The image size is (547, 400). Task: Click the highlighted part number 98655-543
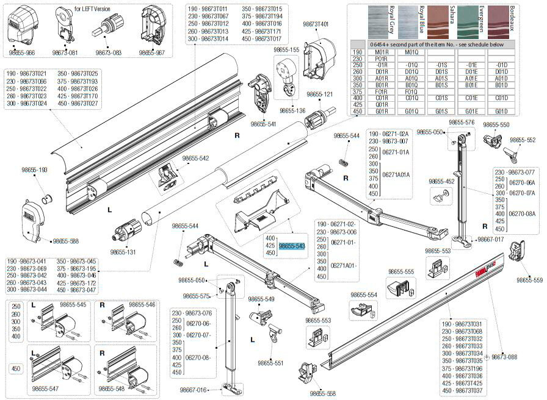pos(292,246)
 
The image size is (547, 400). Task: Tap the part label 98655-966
pos(21,53)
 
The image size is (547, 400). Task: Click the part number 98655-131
pos(124,251)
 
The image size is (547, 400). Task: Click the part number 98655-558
pos(322,393)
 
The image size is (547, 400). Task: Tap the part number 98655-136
pos(292,110)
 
